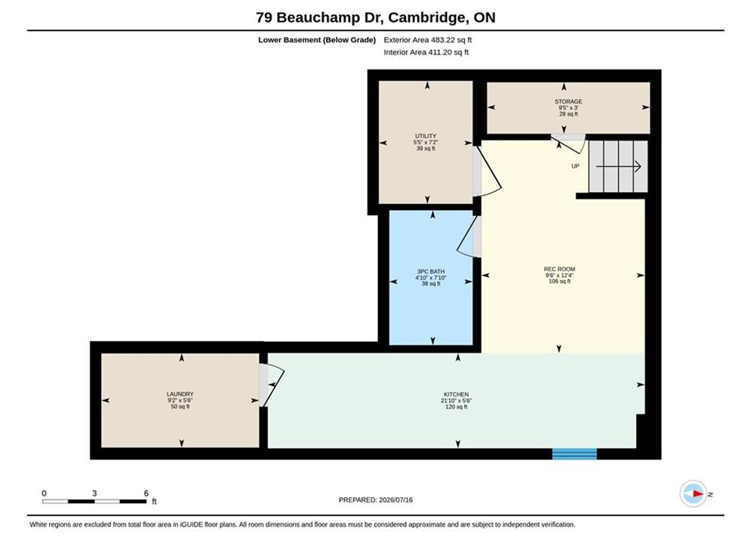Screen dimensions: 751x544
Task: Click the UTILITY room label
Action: tap(425, 136)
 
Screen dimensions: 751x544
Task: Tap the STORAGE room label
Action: tap(568, 101)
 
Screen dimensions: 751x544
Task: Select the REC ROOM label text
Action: tap(559, 270)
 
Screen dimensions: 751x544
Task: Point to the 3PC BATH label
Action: tap(430, 272)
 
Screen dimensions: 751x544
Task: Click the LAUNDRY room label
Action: tap(180, 394)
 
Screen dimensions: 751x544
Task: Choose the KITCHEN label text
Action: tap(456, 394)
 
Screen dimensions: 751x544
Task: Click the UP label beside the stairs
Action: tap(575, 166)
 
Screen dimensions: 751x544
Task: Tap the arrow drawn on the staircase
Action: tap(618, 166)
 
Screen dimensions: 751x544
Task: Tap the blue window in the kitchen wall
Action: tap(574, 454)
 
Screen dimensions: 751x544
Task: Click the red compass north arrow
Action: tap(697, 493)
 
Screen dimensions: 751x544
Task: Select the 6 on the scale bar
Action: tap(146, 493)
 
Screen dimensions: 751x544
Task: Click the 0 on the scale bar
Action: tap(44, 493)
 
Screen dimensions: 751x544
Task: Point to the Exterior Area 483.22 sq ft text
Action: tap(428, 40)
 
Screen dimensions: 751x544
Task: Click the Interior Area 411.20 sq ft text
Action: tap(426, 52)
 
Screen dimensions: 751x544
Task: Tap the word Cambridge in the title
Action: tap(428, 17)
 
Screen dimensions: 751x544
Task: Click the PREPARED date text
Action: tap(376, 500)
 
